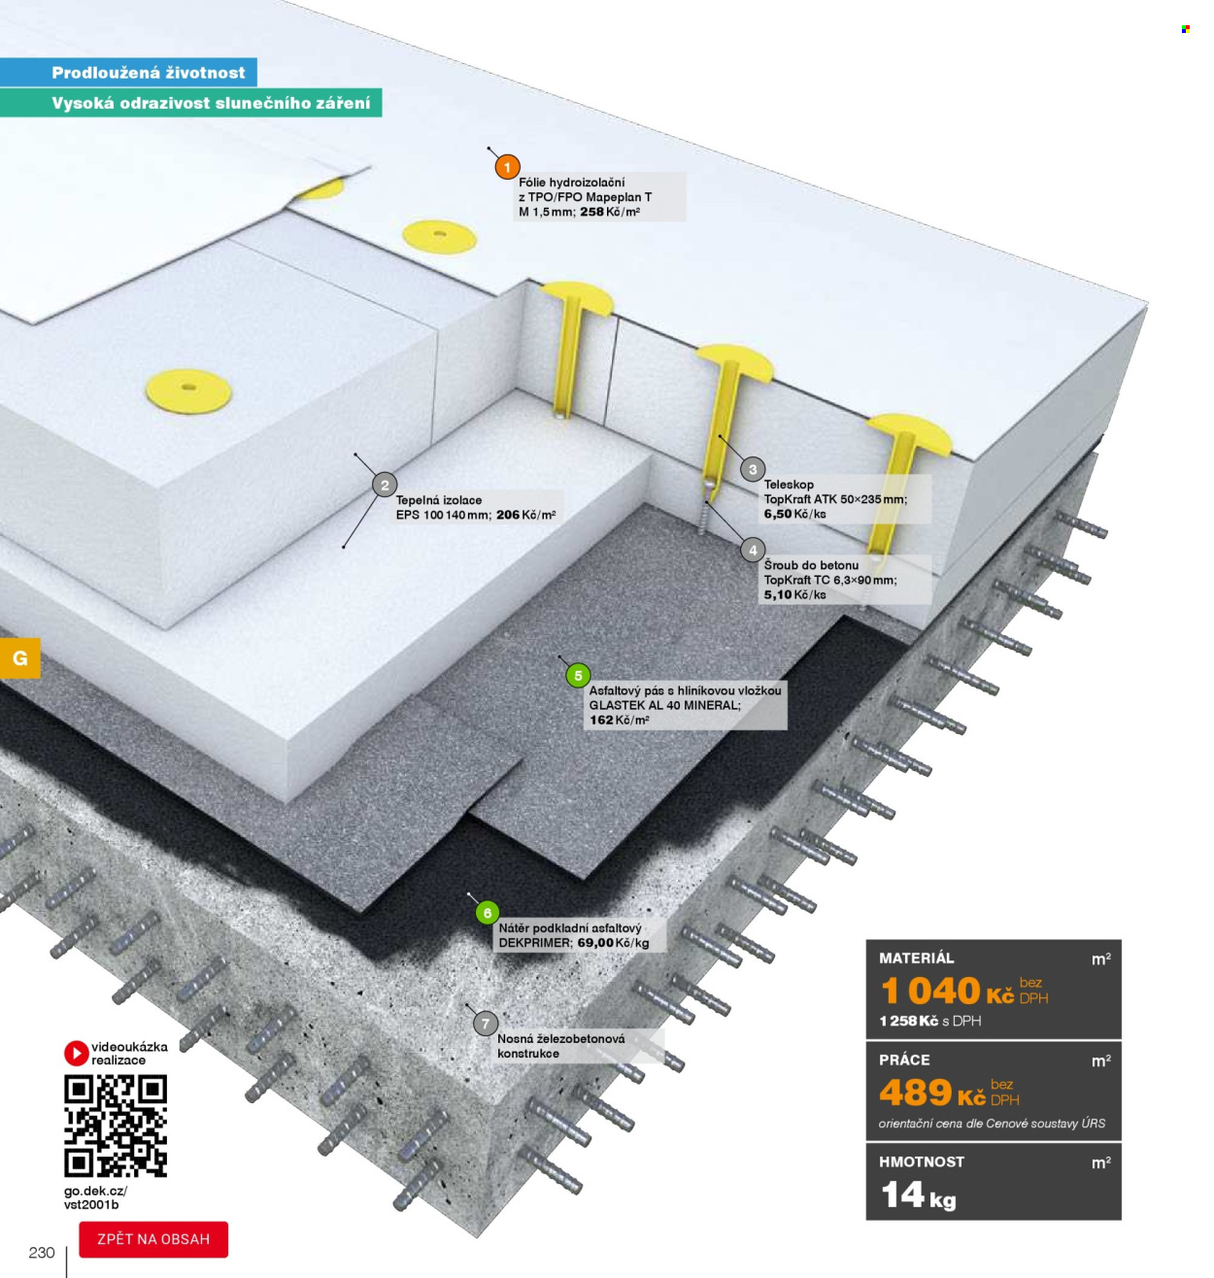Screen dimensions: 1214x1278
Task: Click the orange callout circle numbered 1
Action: click(x=507, y=167)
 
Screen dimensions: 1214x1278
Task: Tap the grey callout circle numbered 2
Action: click(x=385, y=485)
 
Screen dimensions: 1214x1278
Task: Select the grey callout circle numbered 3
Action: click(x=753, y=469)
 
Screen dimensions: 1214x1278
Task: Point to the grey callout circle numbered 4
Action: click(x=753, y=550)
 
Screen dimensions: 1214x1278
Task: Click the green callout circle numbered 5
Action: click(x=578, y=675)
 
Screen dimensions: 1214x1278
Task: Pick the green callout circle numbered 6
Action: click(x=487, y=913)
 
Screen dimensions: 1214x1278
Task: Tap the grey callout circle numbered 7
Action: click(x=485, y=1024)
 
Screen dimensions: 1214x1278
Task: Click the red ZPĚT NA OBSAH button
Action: click(x=153, y=1239)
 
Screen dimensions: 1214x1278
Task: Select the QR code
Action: click(x=116, y=1126)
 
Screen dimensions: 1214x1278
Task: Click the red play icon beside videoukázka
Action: click(x=76, y=1053)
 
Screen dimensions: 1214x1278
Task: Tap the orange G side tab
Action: click(x=19, y=657)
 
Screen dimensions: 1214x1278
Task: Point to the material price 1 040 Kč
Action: click(x=947, y=991)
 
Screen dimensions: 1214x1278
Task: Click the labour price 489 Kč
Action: click(x=932, y=1093)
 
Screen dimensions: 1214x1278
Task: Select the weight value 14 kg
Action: click(x=918, y=1194)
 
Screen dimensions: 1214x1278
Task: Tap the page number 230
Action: click(x=42, y=1252)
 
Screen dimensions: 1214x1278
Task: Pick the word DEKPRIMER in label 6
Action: click(x=534, y=943)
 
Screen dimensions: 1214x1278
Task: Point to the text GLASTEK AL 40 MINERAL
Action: click(x=664, y=705)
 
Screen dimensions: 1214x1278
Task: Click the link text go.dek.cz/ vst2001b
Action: click(x=95, y=1197)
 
